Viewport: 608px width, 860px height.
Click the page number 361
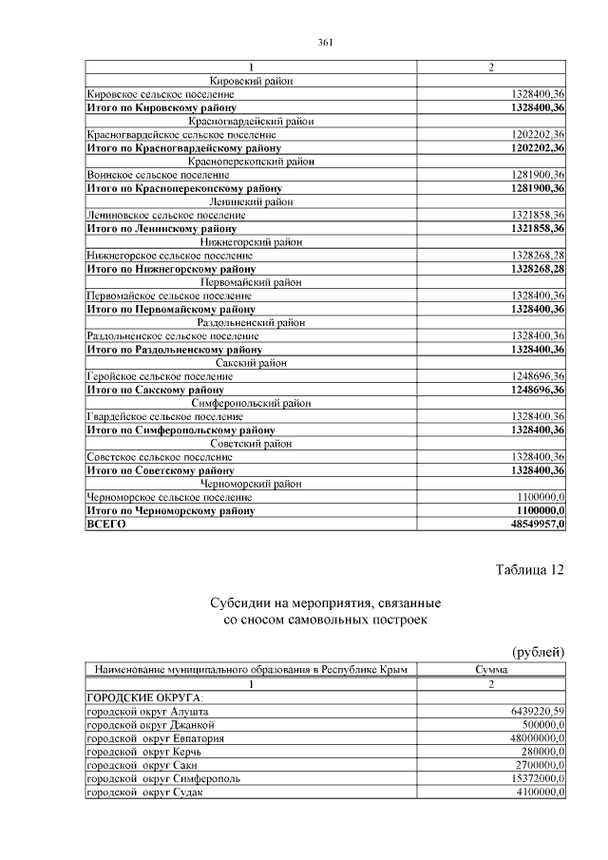[x=324, y=42]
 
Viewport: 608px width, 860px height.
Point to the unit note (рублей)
[x=539, y=652]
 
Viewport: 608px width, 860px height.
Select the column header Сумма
[x=491, y=670]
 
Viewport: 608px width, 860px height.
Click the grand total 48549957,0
[x=538, y=524]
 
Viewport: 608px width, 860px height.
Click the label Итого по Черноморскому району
[x=170, y=510]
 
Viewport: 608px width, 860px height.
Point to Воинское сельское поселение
[x=157, y=175]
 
